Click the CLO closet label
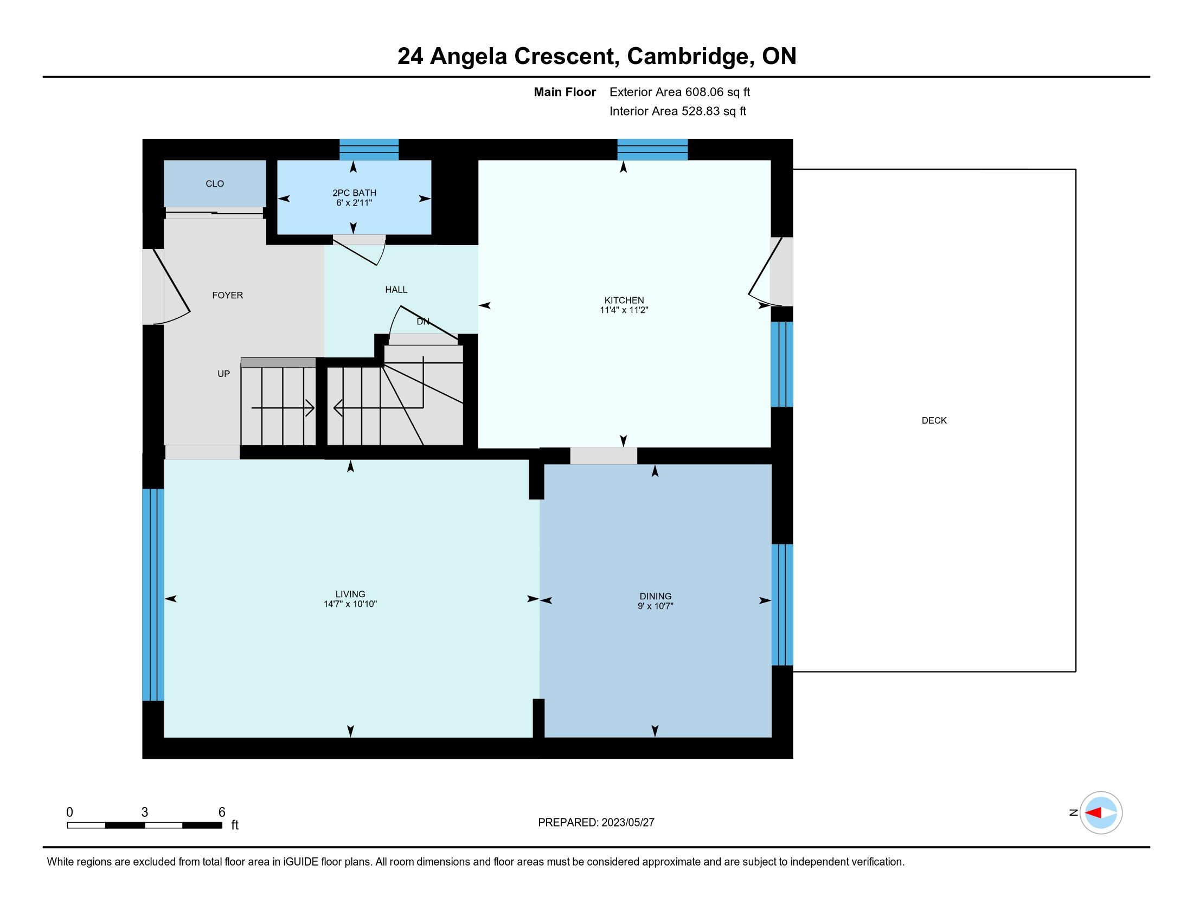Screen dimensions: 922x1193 click(x=215, y=184)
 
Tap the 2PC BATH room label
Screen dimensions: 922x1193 click(x=354, y=193)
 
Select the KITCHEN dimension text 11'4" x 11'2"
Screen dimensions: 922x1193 click(x=624, y=310)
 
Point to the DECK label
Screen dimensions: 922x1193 click(x=934, y=420)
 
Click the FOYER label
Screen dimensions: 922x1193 click(x=227, y=296)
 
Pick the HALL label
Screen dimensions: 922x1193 click(x=396, y=290)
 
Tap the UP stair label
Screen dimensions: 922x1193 click(x=223, y=374)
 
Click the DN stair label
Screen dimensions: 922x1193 click(x=423, y=322)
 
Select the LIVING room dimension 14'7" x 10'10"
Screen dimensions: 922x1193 click(x=350, y=604)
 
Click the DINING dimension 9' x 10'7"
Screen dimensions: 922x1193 click(x=656, y=606)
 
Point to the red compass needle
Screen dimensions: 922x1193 click(x=1093, y=813)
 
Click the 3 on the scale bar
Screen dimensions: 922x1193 click(x=144, y=812)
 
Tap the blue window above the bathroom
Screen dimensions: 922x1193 click(x=369, y=149)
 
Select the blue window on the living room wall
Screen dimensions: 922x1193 click(x=153, y=594)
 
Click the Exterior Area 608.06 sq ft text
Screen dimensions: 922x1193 click(x=679, y=92)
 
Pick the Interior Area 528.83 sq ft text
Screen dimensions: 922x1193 click(x=677, y=111)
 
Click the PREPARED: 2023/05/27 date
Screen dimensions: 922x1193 click(x=596, y=823)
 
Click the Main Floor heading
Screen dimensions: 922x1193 click(x=565, y=92)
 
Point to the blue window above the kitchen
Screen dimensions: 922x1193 click(x=652, y=149)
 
